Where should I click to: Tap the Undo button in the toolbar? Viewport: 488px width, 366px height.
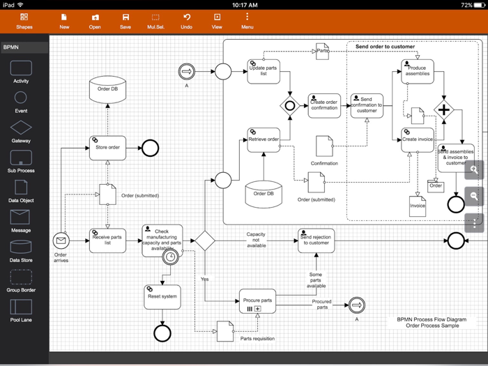point(186,21)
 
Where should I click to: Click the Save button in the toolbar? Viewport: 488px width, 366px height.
point(125,21)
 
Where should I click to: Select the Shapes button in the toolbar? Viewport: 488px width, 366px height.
point(24,21)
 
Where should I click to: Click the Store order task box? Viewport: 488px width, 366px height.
point(107,147)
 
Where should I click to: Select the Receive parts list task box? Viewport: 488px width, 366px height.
point(107,241)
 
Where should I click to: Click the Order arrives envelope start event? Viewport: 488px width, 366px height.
point(61,241)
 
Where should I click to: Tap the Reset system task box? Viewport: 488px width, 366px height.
point(162,296)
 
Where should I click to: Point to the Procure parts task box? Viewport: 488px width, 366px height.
point(257,300)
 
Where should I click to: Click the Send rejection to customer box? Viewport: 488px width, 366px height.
point(315,240)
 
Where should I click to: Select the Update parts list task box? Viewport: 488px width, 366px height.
point(264,71)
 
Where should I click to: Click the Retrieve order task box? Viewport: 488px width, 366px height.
point(264,139)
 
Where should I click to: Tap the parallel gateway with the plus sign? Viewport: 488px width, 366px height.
point(443,110)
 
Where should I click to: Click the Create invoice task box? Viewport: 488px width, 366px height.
point(418,139)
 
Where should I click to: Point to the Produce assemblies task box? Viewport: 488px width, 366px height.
point(418,71)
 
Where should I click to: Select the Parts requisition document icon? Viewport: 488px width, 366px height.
point(224,331)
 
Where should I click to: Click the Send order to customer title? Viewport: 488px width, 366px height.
point(385,47)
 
